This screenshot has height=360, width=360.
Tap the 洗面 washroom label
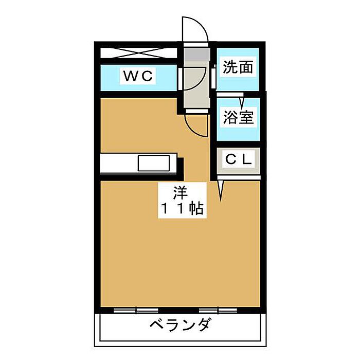(238, 67)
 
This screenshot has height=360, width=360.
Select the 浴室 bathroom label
(238, 117)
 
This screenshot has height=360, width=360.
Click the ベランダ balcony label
(181, 326)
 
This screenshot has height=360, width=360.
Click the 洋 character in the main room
(180, 194)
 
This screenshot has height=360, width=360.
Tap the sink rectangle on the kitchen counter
(154, 164)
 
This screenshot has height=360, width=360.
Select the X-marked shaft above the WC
(138, 53)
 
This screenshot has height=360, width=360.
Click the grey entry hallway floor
(195, 85)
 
